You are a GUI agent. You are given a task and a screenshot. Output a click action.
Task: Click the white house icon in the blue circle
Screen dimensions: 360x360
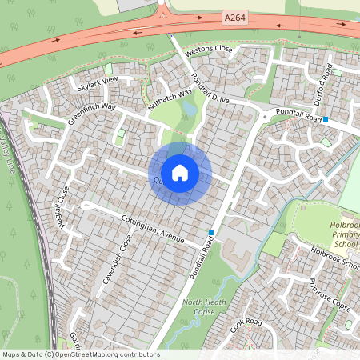click(180, 173)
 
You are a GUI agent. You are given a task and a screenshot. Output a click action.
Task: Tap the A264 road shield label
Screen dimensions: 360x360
click(234, 16)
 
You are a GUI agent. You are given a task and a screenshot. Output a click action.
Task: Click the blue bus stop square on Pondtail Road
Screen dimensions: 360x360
click(211, 233)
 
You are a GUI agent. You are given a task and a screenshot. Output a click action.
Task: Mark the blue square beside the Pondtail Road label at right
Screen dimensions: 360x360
click(326, 119)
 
